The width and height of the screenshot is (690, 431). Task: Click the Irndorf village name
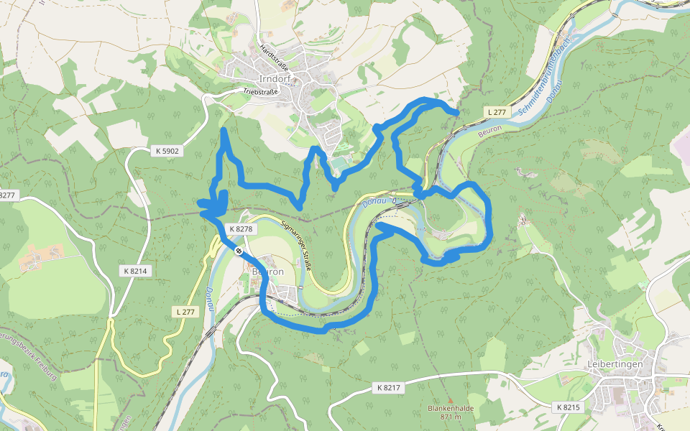pyautogui.click(x=275, y=79)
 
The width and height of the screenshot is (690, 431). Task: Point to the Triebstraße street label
pyautogui.click(x=260, y=93)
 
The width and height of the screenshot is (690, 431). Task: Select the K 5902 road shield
pyautogui.click(x=167, y=151)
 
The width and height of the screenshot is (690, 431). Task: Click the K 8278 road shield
pyautogui.click(x=241, y=229)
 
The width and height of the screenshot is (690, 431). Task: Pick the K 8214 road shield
pyautogui.click(x=135, y=271)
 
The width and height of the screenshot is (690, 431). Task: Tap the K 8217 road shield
pyautogui.click(x=389, y=388)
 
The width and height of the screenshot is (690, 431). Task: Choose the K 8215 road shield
pyautogui.click(x=567, y=407)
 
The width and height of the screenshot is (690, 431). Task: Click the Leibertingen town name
pyautogui.click(x=615, y=364)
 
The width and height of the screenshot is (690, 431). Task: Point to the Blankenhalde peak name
pyautogui.click(x=451, y=408)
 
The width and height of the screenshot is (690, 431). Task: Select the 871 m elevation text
pyautogui.click(x=451, y=417)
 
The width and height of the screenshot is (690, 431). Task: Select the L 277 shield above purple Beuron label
pyautogui.click(x=497, y=112)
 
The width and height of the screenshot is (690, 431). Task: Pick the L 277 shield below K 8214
pyautogui.click(x=185, y=311)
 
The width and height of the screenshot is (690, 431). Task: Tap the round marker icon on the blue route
pyautogui.click(x=238, y=250)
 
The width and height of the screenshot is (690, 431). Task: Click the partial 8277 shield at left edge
pyautogui.click(x=7, y=195)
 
